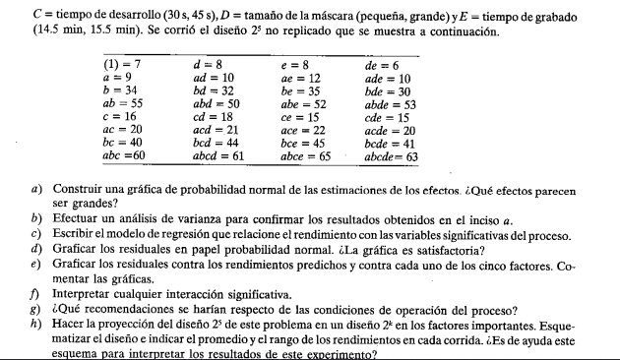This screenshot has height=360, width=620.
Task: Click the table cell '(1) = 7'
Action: tap(123, 64)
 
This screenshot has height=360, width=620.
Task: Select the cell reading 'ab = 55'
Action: tap(123, 102)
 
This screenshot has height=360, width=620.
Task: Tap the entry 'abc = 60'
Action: tap(125, 154)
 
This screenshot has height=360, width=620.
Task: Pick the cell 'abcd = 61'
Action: tap(218, 154)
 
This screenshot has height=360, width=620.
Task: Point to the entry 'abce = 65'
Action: tap(306, 154)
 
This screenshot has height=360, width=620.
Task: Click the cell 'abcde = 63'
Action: tap(392, 154)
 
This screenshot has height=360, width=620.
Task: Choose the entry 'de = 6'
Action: tap(382, 64)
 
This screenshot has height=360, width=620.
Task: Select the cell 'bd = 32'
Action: tap(214, 90)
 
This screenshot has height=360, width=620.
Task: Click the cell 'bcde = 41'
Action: tap(388, 142)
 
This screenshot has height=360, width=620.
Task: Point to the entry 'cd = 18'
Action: tap(213, 115)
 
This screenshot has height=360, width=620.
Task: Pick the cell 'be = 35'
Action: tap(301, 90)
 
